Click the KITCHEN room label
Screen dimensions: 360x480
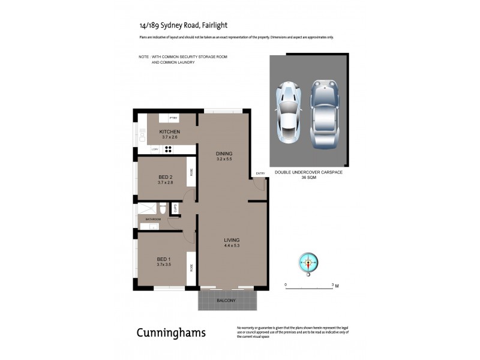(x=169, y=131)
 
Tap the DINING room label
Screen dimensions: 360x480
(x=224, y=154)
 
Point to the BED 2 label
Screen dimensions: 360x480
(x=165, y=176)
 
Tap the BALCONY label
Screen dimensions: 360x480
(x=226, y=300)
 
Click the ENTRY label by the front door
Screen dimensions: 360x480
(x=260, y=173)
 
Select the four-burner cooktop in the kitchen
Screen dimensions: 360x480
(x=169, y=150)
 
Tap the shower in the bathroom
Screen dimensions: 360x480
(x=147, y=208)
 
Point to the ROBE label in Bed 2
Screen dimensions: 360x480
(x=191, y=172)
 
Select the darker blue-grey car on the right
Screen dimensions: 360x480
(x=325, y=113)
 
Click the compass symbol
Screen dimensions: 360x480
(x=309, y=262)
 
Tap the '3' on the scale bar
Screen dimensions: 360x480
(x=332, y=285)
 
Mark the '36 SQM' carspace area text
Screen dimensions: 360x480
(x=308, y=178)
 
